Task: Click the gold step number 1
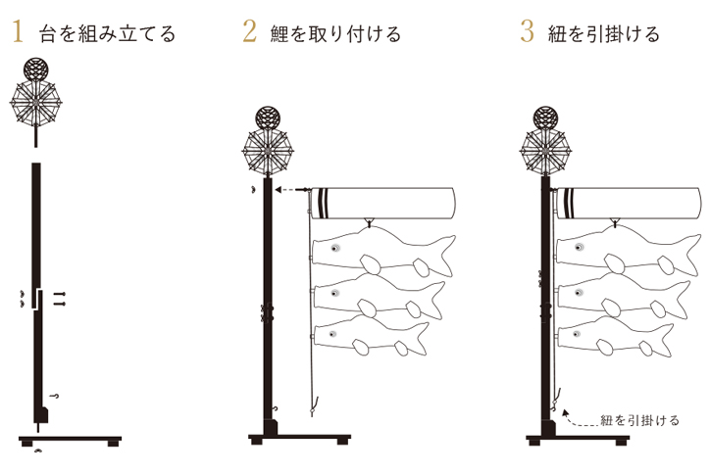tap(17, 32)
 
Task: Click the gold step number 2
tap(249, 32)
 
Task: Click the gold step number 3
tap(528, 32)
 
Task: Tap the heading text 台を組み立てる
tap(108, 34)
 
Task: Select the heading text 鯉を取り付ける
tap(336, 34)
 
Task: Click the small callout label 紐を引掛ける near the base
tap(638, 421)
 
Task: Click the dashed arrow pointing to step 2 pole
tap(291, 191)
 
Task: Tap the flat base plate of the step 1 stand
tap(69, 435)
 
